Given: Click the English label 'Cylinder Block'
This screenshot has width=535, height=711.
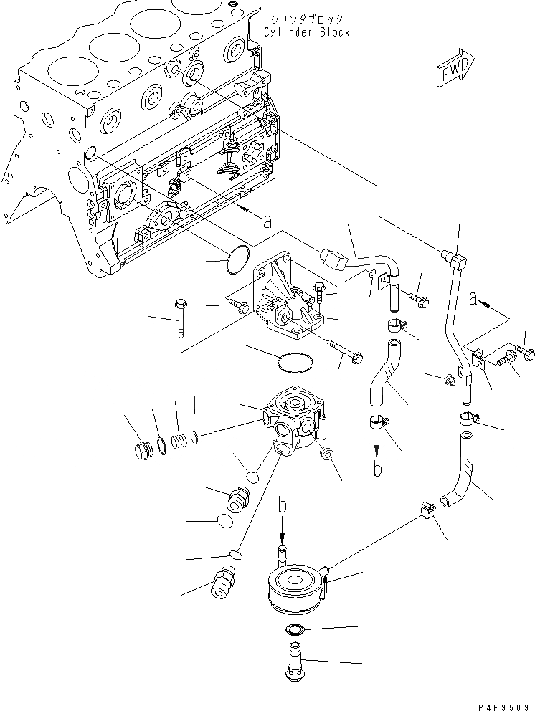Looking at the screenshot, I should point(306,32).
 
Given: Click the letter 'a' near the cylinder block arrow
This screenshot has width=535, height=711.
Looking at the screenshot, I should point(267,223).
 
